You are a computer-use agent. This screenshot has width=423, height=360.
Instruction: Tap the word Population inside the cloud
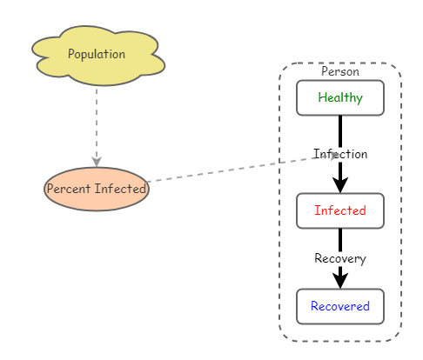pyautogui.click(x=97, y=54)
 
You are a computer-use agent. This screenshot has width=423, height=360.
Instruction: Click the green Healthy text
pyautogui.click(x=340, y=97)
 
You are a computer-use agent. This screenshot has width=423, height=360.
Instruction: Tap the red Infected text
pyautogui.click(x=340, y=210)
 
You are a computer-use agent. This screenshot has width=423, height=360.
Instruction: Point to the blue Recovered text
pyautogui.click(x=340, y=306)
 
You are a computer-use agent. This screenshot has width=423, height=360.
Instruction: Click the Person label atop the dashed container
pyautogui.click(x=340, y=71)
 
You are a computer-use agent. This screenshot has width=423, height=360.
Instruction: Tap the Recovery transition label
pyautogui.click(x=340, y=258)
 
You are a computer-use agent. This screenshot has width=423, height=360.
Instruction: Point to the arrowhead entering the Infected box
pyautogui.click(x=340, y=184)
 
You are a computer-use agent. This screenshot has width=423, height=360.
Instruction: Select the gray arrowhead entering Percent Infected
pyautogui.click(x=97, y=161)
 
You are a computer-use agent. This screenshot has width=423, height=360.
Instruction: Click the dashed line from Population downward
pyautogui.click(x=97, y=122)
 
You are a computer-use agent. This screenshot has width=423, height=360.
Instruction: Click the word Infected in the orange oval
pyautogui.click(x=121, y=188)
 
